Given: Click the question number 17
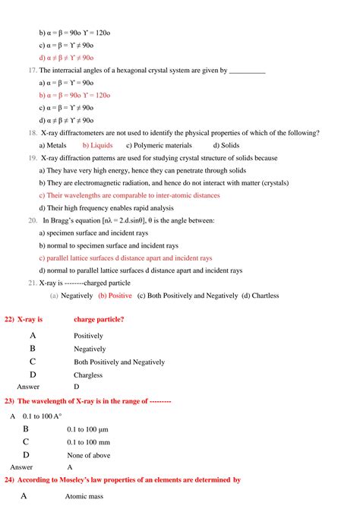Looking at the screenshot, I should point(33,70).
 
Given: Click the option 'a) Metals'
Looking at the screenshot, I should point(52,144).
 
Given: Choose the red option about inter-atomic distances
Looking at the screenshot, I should point(129,194).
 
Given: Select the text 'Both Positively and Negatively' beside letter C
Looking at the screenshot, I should point(119,362).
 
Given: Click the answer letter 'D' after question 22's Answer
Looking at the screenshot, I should point(76,387).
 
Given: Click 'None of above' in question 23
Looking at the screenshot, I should point(90,454).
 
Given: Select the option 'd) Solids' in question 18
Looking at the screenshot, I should point(226,144).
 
